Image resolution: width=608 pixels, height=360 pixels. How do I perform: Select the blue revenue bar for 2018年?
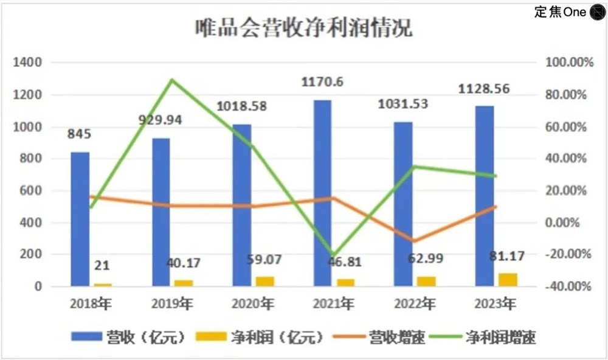click(x=80, y=219)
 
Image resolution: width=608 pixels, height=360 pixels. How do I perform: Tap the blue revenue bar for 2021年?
click(x=322, y=193)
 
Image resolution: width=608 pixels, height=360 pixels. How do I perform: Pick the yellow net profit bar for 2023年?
click(x=508, y=280)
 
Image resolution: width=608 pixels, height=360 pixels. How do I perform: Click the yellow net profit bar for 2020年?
click(x=265, y=281)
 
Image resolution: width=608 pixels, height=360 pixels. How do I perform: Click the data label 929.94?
click(x=161, y=120)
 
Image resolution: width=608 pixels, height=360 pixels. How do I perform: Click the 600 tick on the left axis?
click(x=32, y=191)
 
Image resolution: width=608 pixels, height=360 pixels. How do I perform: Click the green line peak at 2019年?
click(x=172, y=80)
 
